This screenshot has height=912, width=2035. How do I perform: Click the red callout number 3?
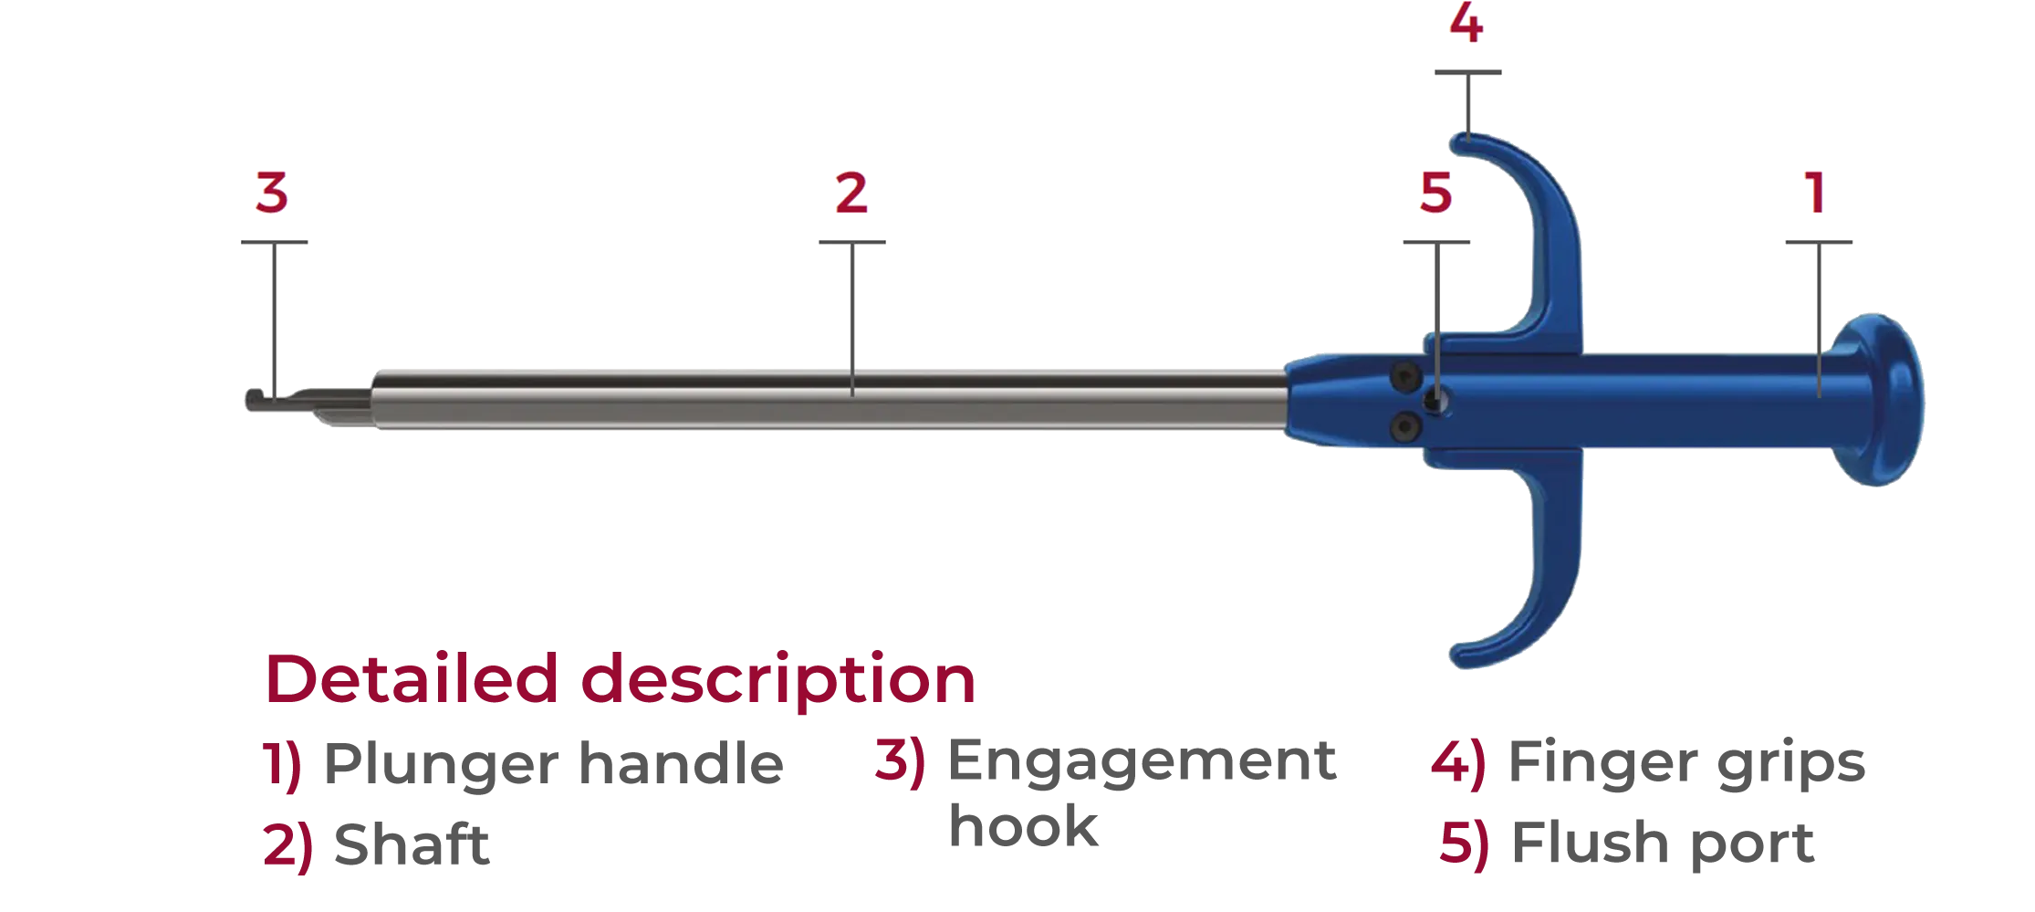272,194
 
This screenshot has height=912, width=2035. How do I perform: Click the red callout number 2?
851,194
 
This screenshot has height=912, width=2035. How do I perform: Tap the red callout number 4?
1466,26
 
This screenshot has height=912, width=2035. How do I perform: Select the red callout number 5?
1435,194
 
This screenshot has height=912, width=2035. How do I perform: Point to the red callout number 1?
1816,194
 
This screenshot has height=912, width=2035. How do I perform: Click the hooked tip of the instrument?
260,401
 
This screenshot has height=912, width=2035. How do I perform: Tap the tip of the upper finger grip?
1460,142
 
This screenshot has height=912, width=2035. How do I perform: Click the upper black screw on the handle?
1403,375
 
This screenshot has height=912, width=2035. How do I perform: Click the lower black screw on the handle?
1403,425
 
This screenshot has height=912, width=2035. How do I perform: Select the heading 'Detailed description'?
620,681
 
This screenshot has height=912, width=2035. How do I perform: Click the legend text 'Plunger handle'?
552,767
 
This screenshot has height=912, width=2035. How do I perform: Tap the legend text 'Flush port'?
1661,845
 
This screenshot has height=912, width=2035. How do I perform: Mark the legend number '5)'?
1463,845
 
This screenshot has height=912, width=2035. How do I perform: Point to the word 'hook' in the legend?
1022,823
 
